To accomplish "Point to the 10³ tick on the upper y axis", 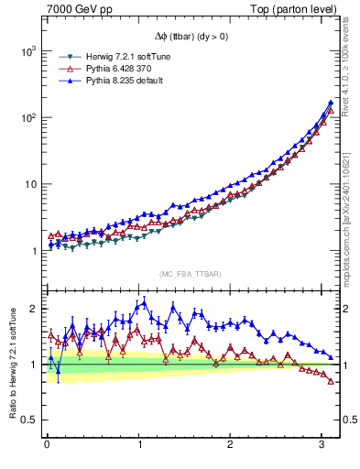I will tap(27, 51).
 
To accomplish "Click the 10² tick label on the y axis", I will tap(27, 118).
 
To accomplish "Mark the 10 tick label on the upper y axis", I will tap(30, 184).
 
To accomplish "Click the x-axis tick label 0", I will tap(47, 444).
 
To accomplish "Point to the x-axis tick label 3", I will tap(325, 444).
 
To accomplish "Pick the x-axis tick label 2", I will tap(233, 444).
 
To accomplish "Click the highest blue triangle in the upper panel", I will tap(330, 103).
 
